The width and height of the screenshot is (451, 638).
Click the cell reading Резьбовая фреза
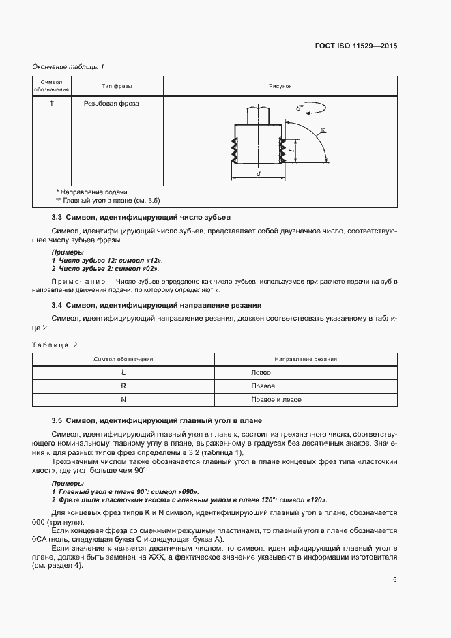(x=111, y=104)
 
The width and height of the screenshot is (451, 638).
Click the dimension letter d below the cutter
(x=259, y=175)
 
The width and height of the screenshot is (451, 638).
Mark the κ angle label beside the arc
(x=323, y=129)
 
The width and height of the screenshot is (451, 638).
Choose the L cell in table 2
(x=123, y=373)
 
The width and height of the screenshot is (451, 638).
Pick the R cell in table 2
(x=123, y=386)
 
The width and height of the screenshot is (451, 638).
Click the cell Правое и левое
(x=276, y=400)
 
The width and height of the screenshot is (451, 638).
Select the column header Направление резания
(x=306, y=359)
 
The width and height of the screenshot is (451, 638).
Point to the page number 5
(x=395, y=581)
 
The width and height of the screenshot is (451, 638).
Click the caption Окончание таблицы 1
(x=68, y=66)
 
